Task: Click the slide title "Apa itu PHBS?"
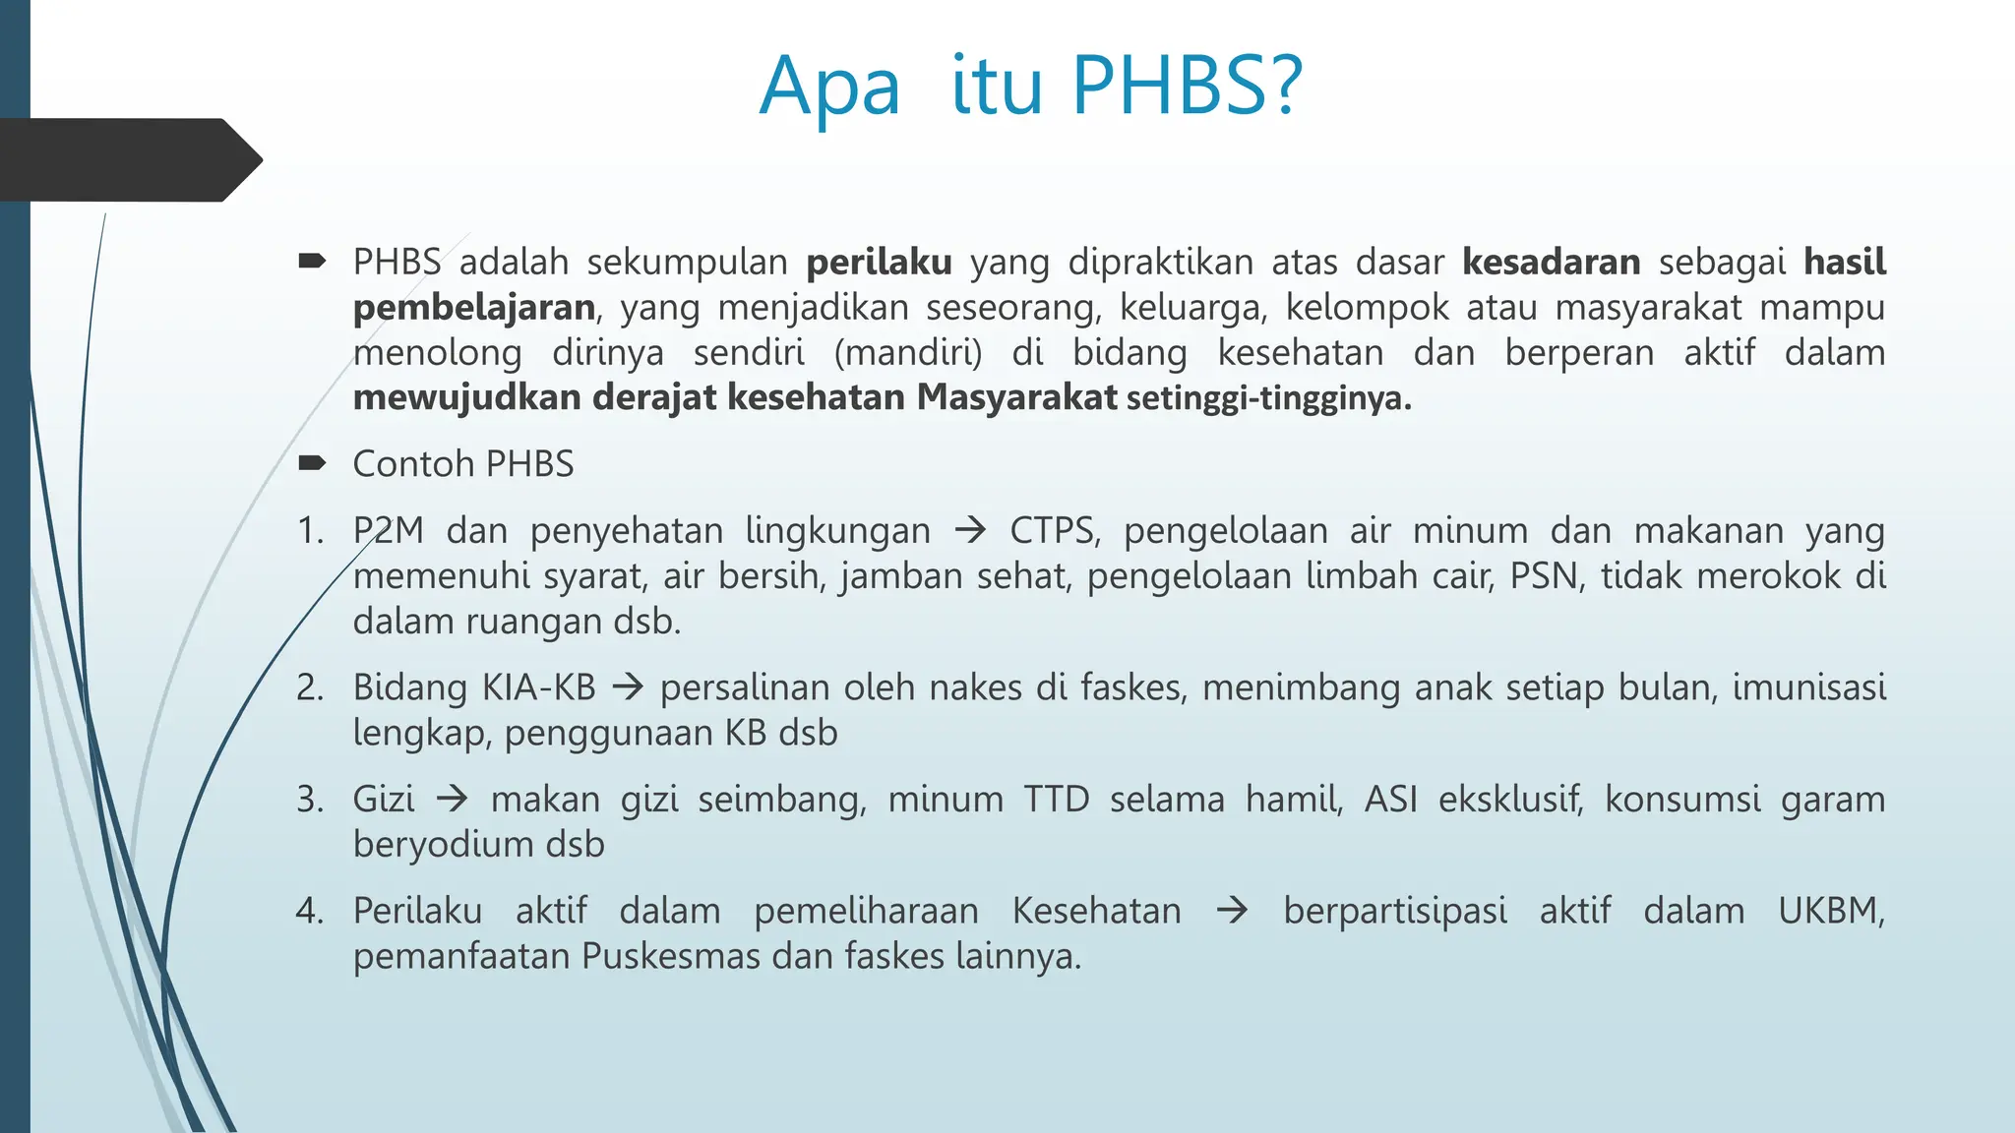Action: pos(1030,87)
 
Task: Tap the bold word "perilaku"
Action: pos(879,263)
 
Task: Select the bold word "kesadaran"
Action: pos(1551,263)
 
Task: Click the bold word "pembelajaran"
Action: pos(474,308)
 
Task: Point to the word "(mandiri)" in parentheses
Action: pos(907,352)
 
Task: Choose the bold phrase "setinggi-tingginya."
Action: pos(1268,398)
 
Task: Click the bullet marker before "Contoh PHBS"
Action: pos(312,463)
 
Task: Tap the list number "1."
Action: pos(310,531)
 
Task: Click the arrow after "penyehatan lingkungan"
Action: pos(970,531)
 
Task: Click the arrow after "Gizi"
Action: pos(453,799)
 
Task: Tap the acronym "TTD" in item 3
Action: pos(1056,799)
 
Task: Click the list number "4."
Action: pos(310,911)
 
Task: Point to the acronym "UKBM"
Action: pos(1829,911)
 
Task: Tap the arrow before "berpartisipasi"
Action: pos(1232,911)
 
